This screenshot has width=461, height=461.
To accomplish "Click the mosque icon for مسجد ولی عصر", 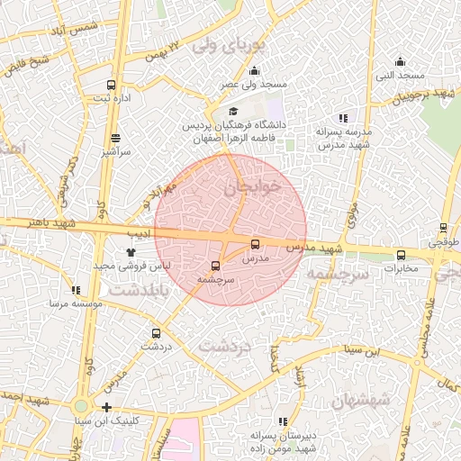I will coord(255,71).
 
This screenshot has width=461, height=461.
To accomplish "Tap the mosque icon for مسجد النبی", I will coord(400,61).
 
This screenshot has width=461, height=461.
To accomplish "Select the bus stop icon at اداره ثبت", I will coord(111,84).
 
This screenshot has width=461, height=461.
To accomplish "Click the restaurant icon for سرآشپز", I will coord(115,139).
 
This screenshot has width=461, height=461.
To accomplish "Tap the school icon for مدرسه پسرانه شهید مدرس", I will coord(342,118).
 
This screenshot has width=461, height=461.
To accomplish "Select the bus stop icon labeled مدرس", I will coord(255,244).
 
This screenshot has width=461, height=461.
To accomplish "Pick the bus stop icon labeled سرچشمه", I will coord(214,266).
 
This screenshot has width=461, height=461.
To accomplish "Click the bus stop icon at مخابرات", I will coord(401,255).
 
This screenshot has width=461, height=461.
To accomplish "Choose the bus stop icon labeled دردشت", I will coord(157,331).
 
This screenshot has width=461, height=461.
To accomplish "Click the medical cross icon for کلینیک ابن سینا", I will coord(106,408).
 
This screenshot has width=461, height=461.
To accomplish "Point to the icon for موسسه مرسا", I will coord(76,291).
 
